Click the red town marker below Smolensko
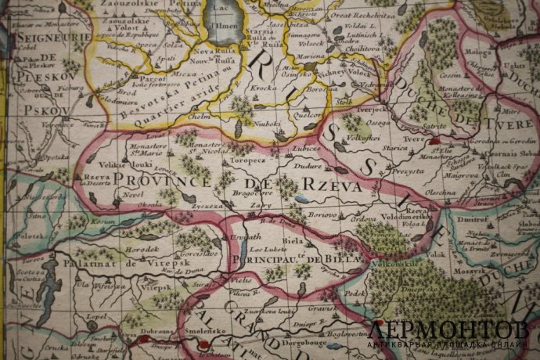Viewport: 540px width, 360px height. point(204,342)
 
